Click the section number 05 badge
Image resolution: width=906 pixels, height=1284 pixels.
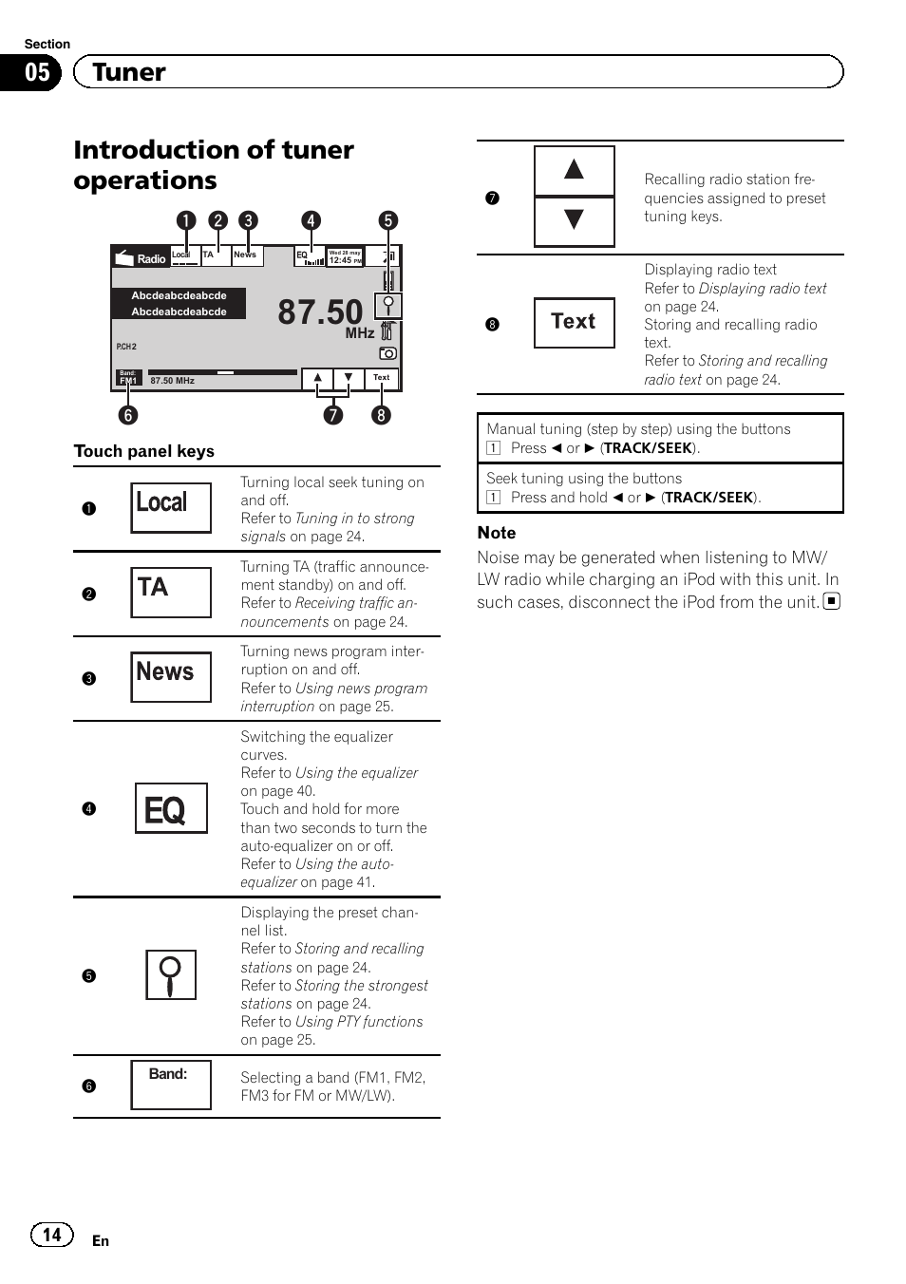click(x=36, y=72)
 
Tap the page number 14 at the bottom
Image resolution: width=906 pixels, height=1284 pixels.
click(x=51, y=1234)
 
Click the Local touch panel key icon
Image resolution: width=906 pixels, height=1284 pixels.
click(x=171, y=507)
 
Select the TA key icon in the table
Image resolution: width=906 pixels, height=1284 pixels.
click(x=171, y=592)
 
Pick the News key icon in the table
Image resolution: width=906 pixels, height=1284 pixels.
click(x=171, y=676)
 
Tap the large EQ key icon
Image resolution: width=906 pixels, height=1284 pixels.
click(x=171, y=808)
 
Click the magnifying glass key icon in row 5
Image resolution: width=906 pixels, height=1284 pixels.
click(x=171, y=974)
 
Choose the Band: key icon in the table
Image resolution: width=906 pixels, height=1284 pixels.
click(x=171, y=1084)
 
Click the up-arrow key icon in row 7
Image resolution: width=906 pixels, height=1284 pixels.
click(x=574, y=171)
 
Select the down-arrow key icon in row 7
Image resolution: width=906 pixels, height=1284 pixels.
click(x=574, y=220)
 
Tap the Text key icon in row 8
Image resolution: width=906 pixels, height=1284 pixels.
click(x=574, y=322)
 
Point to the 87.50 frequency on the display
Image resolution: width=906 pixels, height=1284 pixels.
click(x=320, y=312)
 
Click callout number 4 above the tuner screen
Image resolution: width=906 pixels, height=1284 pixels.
click(x=310, y=220)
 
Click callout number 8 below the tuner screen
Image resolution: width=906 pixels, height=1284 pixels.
click(x=381, y=415)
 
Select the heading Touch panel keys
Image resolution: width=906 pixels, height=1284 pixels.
click(x=144, y=451)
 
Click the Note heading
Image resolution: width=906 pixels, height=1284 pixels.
click(x=497, y=533)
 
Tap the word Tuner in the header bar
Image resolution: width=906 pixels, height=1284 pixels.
click(x=129, y=72)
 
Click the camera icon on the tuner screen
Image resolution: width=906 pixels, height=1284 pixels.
click(x=387, y=353)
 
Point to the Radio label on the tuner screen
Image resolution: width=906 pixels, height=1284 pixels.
click(x=151, y=258)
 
